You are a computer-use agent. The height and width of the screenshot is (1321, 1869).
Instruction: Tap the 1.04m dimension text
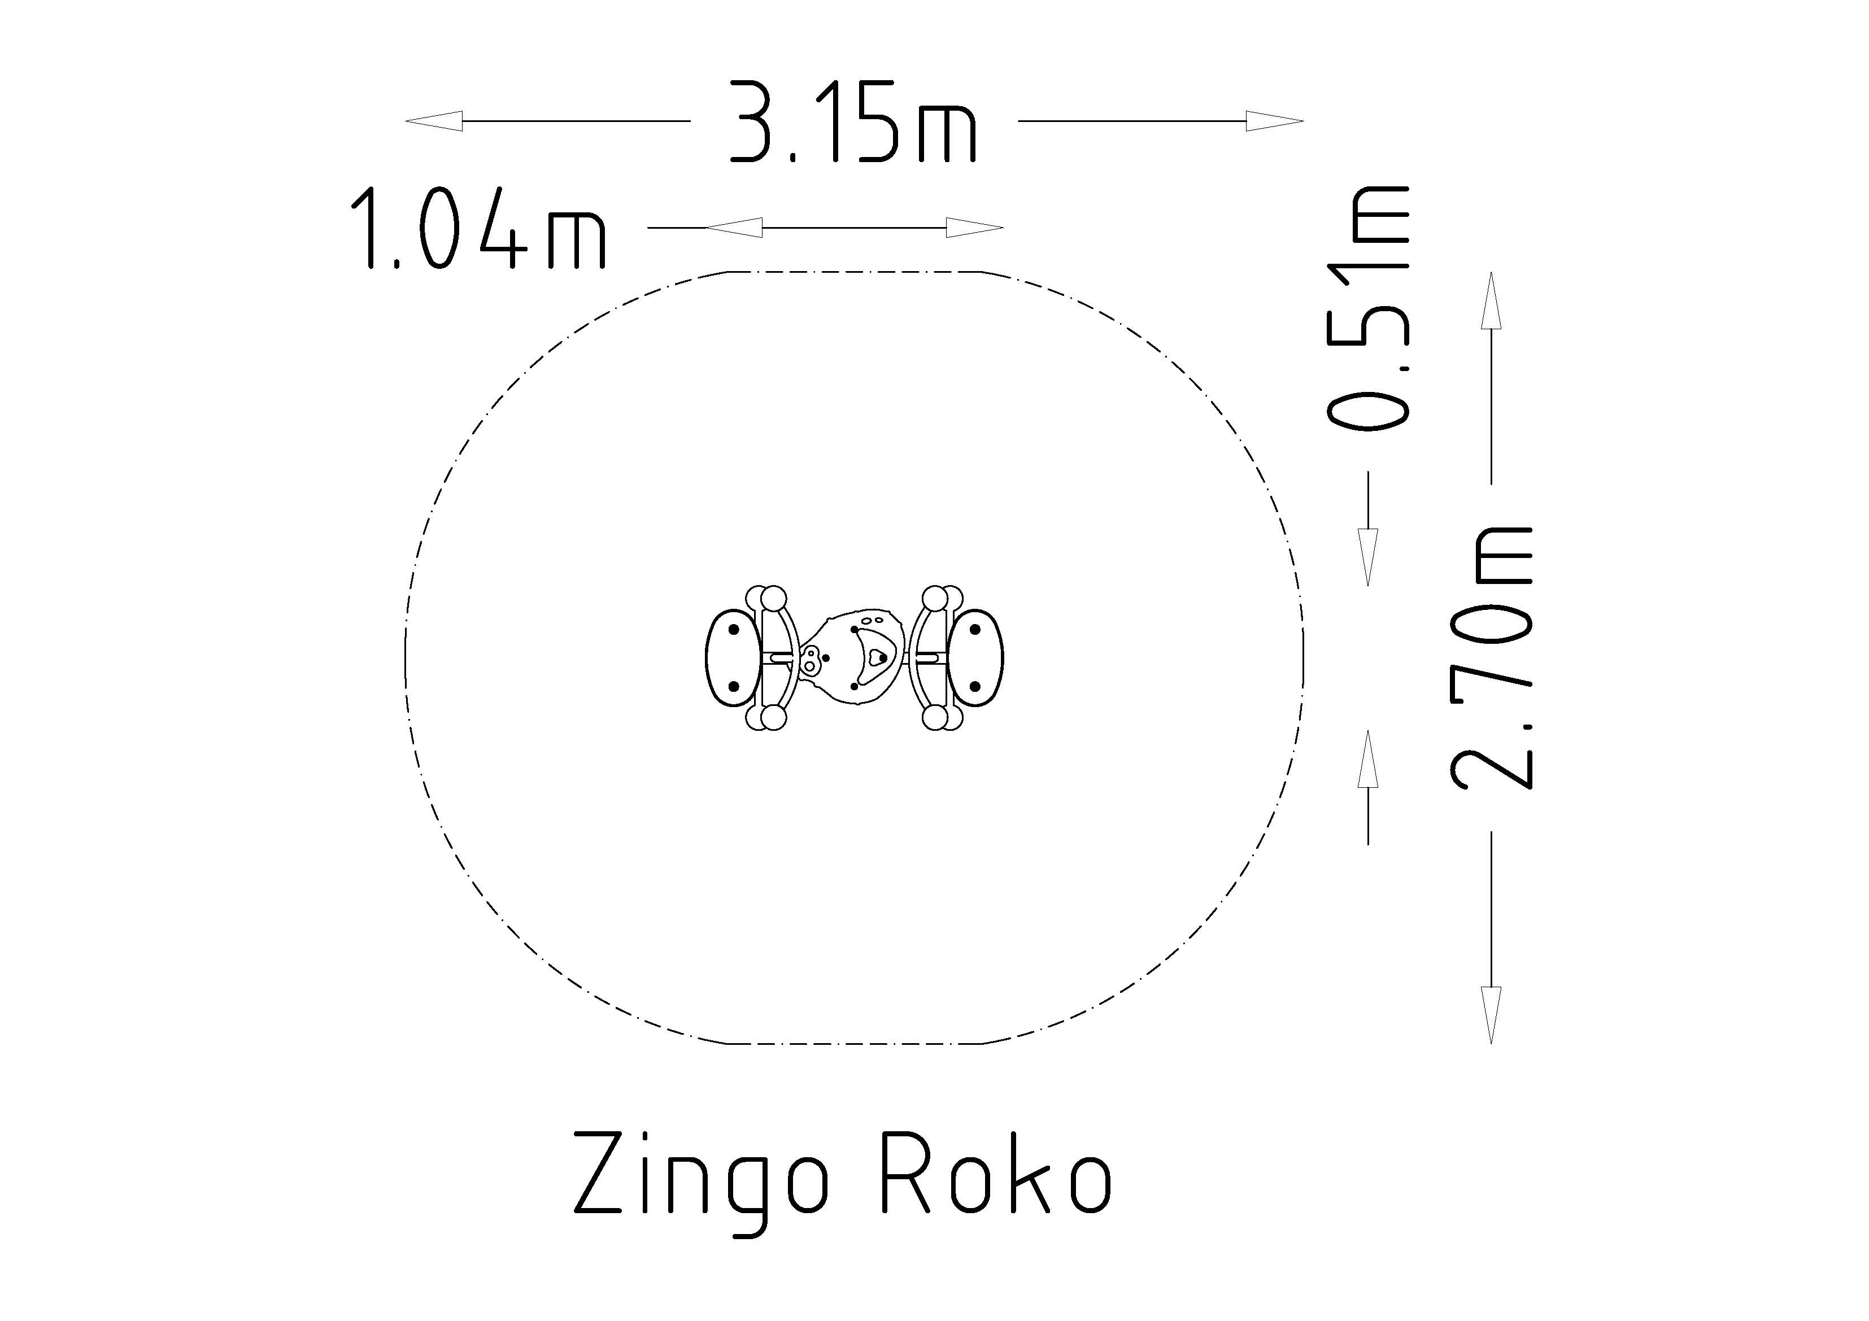point(478,229)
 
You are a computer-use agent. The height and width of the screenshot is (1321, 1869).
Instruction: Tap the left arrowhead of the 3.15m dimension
point(434,121)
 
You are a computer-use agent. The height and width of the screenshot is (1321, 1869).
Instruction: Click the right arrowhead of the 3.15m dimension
point(1275,121)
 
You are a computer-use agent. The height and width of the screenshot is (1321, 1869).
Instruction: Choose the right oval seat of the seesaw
point(976,657)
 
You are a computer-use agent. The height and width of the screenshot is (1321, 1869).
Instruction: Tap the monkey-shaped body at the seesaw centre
point(855,657)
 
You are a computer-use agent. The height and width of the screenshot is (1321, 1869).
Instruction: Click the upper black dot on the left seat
point(734,629)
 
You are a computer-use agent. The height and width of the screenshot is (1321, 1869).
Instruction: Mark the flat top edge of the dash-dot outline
point(855,271)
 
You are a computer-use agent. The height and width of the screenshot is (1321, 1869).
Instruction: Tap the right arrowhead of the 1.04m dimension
point(974,228)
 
